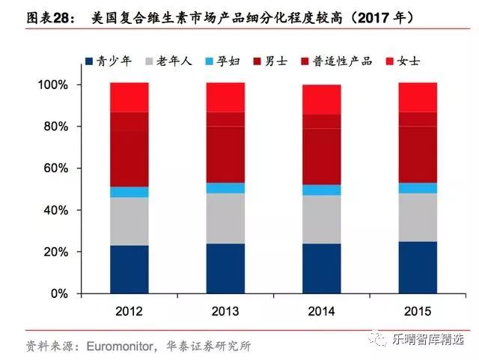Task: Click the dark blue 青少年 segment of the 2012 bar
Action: pos(129,269)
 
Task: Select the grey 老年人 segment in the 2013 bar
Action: pos(225,218)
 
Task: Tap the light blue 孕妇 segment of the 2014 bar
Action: pos(321,190)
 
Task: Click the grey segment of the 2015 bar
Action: pos(418,217)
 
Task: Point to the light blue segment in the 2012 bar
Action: pos(129,192)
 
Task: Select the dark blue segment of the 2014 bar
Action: pos(321,269)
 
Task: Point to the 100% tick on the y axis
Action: pos(52,85)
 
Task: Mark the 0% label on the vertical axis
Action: pos(58,294)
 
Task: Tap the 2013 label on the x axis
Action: pos(225,311)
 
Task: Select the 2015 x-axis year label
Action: pos(418,311)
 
